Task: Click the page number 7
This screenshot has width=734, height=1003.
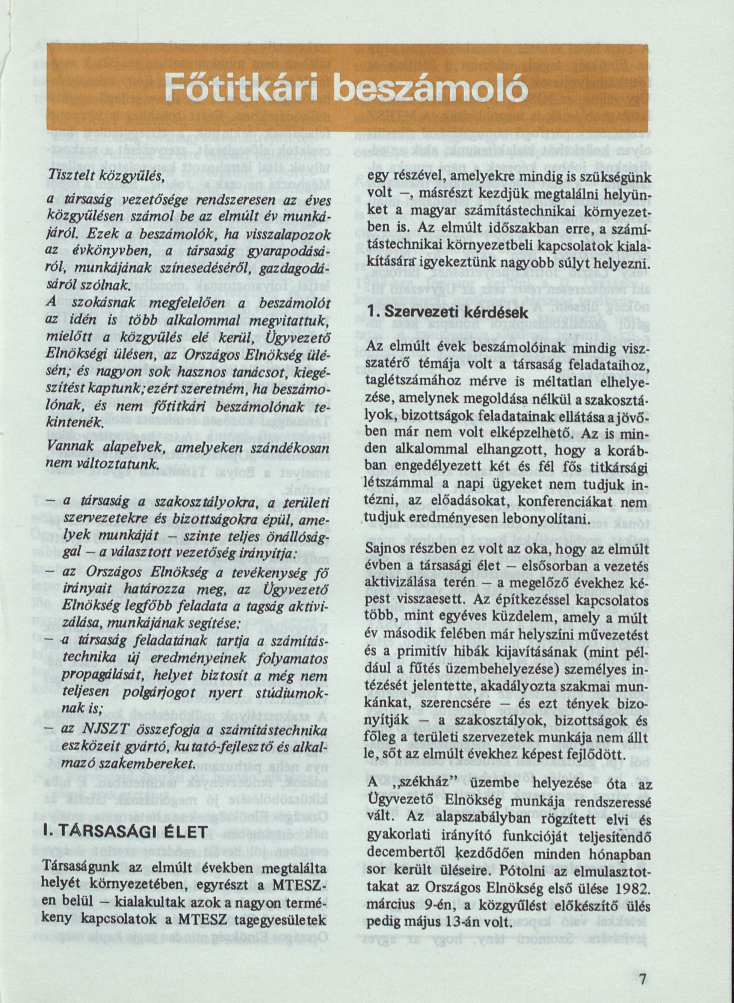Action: pos(642,964)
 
